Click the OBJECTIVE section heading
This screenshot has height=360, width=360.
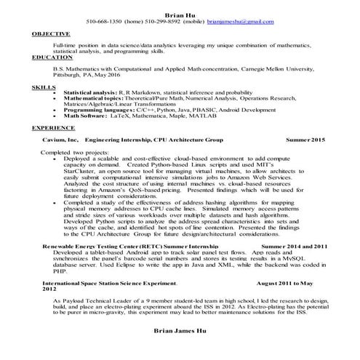pos(51,33)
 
